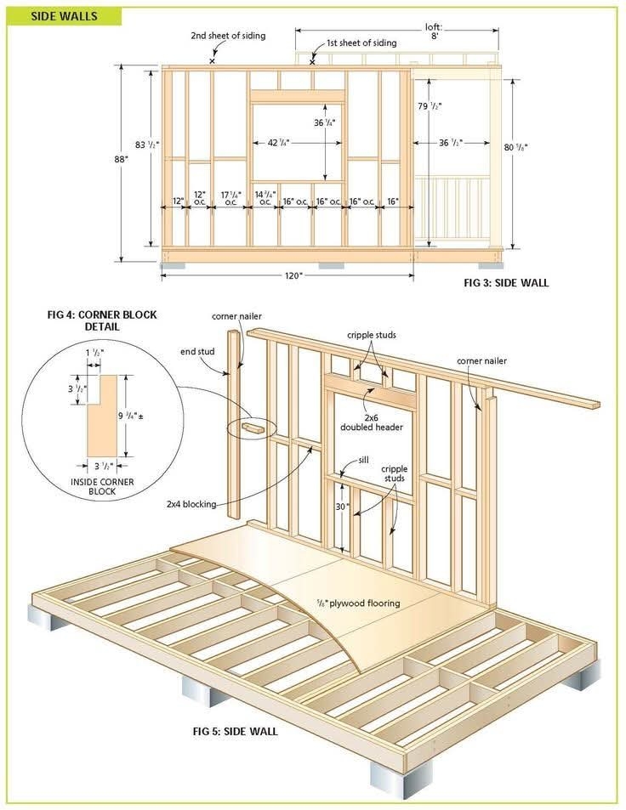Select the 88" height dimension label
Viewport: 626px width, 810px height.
(121, 159)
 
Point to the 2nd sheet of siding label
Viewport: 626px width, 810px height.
(228, 36)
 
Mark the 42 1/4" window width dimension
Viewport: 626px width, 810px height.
(278, 143)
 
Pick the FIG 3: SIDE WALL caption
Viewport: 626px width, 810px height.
(506, 283)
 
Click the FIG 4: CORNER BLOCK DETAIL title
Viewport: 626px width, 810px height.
(101, 320)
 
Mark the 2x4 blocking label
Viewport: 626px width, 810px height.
(196, 504)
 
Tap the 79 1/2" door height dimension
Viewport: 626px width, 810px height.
(430, 106)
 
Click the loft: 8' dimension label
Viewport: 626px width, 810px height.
(435, 31)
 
